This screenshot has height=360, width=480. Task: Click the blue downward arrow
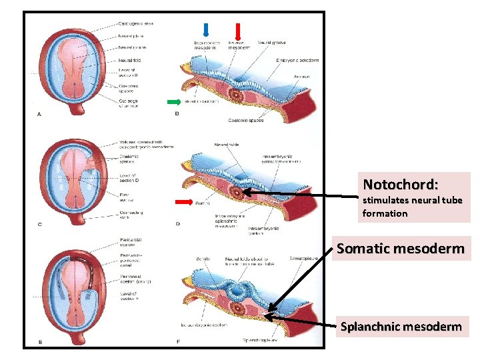[206, 29]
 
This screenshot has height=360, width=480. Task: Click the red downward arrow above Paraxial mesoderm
[238, 30]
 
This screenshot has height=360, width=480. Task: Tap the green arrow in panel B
[174, 102]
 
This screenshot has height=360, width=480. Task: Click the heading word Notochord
[400, 183]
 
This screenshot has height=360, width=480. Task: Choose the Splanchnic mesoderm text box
[401, 327]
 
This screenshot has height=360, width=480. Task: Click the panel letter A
[39, 114]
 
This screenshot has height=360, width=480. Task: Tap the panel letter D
[177, 224]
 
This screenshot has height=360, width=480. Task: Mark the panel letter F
[177, 342]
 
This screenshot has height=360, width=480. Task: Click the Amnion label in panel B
[302, 77]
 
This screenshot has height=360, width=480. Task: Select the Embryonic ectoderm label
[297, 60]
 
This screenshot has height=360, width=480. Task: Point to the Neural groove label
[271, 43]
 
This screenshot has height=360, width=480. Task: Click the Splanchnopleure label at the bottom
[260, 340]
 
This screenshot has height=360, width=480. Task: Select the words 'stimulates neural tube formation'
[411, 207]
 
